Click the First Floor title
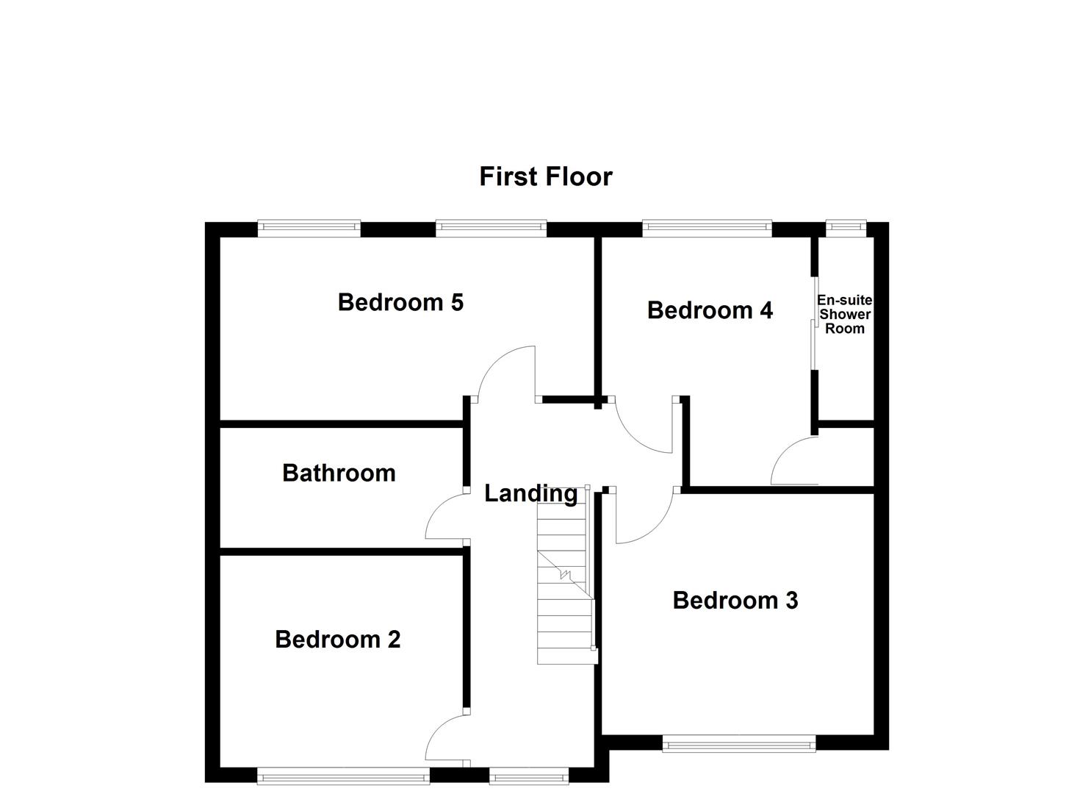pos(545,176)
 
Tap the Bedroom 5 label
pos(400,302)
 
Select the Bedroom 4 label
pos(710,310)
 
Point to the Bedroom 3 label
pos(735,601)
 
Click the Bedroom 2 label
pos(338,640)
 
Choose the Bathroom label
pos(339,473)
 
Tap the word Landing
pos(530,493)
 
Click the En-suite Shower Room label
pos(845,315)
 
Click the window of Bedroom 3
pos(738,745)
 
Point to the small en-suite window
pos(846,228)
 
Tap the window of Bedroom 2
pos(343,775)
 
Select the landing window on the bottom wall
pos(529,775)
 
